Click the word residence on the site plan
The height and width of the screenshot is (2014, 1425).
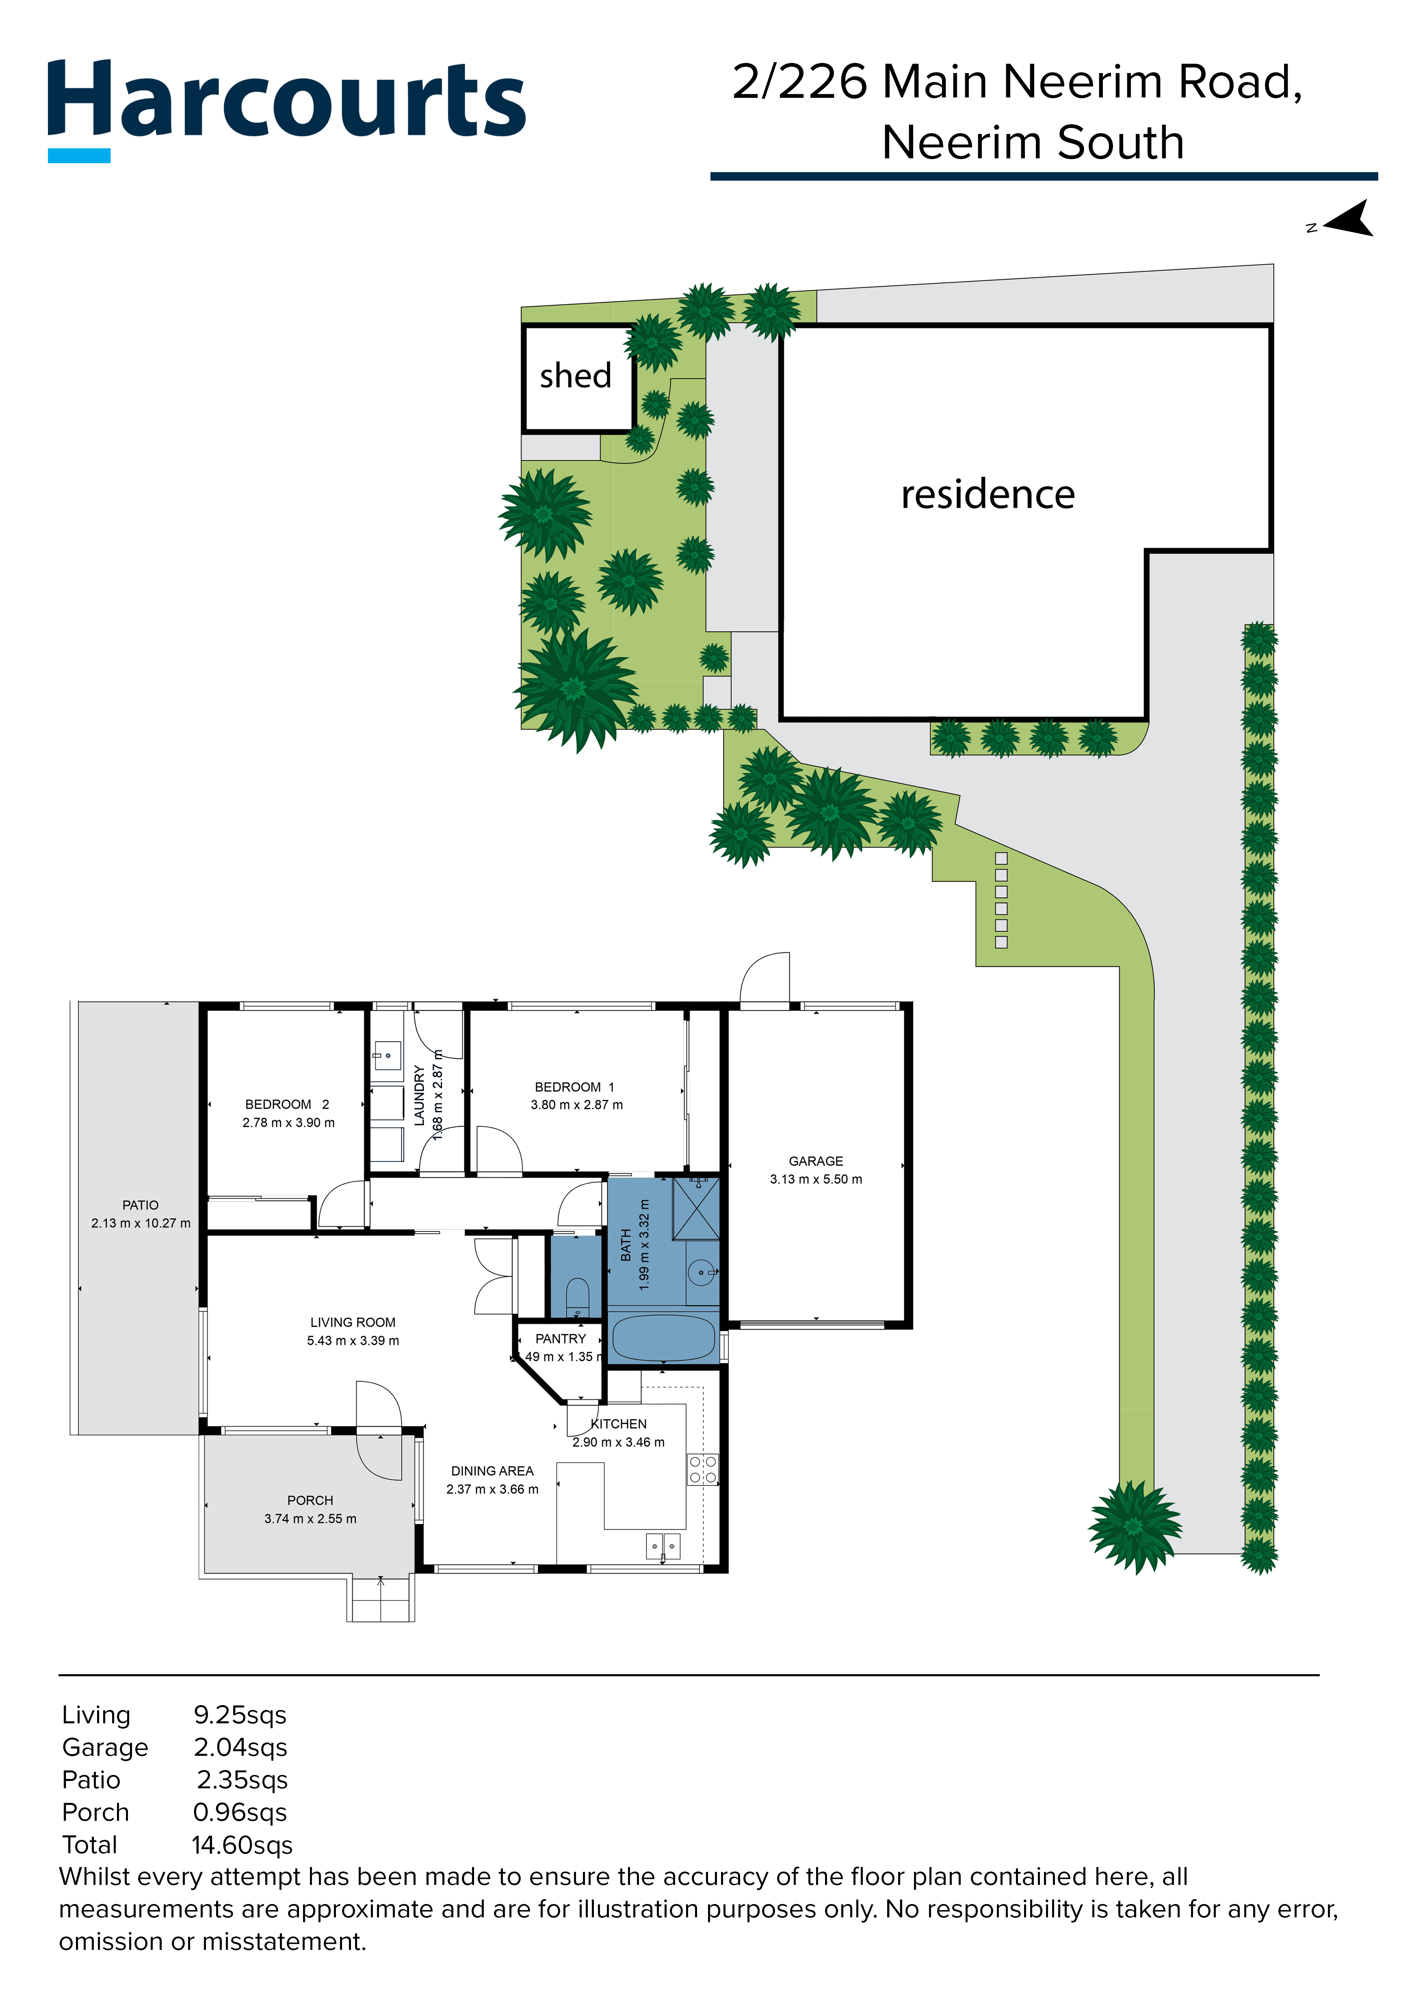coord(987,495)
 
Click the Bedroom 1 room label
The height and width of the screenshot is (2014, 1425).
coord(575,1087)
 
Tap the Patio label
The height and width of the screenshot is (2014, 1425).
coord(141,1205)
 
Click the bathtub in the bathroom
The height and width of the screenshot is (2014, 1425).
coord(663,1338)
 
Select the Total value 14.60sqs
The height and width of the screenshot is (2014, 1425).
coord(242,1846)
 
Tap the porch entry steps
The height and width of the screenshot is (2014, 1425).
coord(381,1599)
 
